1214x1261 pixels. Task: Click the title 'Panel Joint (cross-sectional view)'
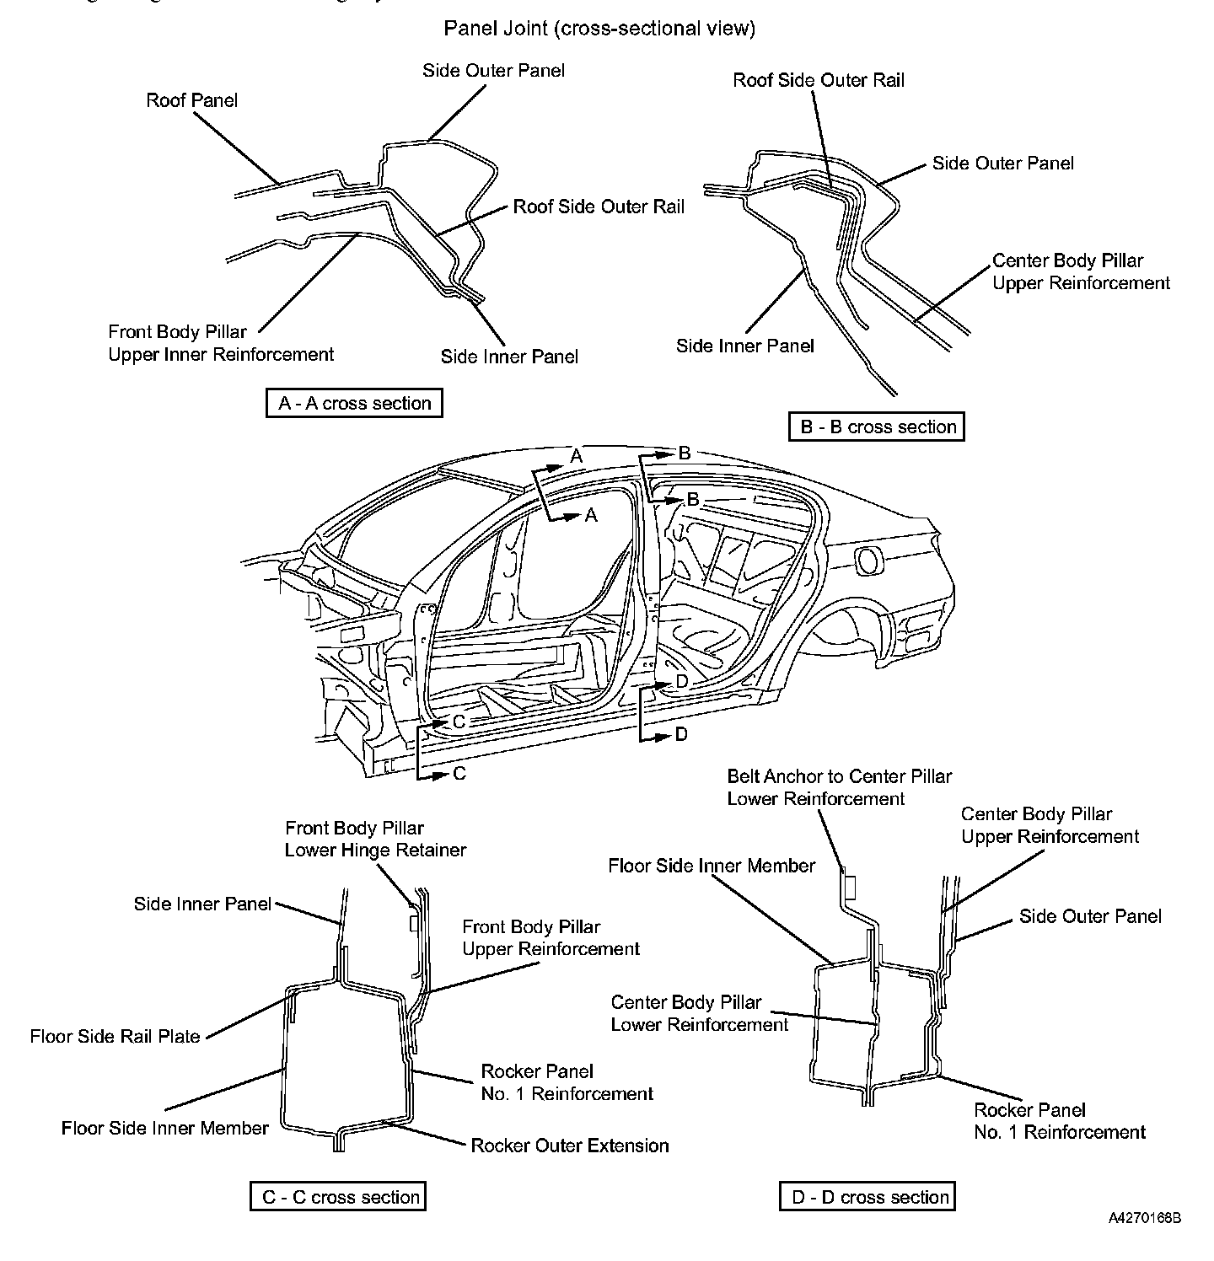tap(599, 29)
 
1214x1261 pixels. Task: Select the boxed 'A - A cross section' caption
tap(354, 403)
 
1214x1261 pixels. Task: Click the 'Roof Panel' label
tap(192, 100)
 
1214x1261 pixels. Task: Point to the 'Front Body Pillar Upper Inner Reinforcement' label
tap(221, 343)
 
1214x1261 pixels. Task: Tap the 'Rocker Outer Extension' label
tap(569, 1146)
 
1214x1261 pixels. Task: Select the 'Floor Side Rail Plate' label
tap(115, 1036)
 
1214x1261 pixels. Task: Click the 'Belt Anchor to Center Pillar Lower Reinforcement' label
tap(839, 787)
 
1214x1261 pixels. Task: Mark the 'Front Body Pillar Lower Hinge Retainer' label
tap(375, 839)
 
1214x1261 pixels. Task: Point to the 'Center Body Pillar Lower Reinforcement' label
tap(699, 1013)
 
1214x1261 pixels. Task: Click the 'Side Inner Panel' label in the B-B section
tap(745, 346)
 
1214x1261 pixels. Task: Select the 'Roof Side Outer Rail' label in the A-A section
tap(599, 207)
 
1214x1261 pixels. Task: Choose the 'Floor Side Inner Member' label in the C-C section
tap(165, 1128)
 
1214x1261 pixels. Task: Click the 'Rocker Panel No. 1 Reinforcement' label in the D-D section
tap(1060, 1121)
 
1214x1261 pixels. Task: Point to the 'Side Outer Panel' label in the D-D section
tap(1090, 916)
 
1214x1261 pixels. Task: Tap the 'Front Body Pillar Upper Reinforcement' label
tap(551, 938)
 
